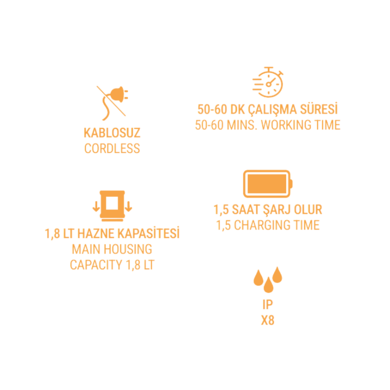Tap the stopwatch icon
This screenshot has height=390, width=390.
click(268, 82)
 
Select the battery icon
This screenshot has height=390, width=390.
click(268, 184)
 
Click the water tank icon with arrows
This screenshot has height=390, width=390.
click(112, 206)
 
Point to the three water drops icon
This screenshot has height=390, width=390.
click(268, 279)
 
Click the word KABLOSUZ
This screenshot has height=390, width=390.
click(112, 133)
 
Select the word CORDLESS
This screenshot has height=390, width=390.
click(112, 149)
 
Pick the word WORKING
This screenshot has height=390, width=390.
click(286, 125)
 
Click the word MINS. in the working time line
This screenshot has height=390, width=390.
click(241, 125)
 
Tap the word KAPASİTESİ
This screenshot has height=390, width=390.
click(149, 233)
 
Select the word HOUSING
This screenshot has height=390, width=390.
click(131, 249)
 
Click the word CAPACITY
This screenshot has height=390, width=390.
click(96, 265)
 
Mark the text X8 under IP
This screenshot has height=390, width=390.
click(268, 321)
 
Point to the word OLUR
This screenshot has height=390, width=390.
click(308, 210)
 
